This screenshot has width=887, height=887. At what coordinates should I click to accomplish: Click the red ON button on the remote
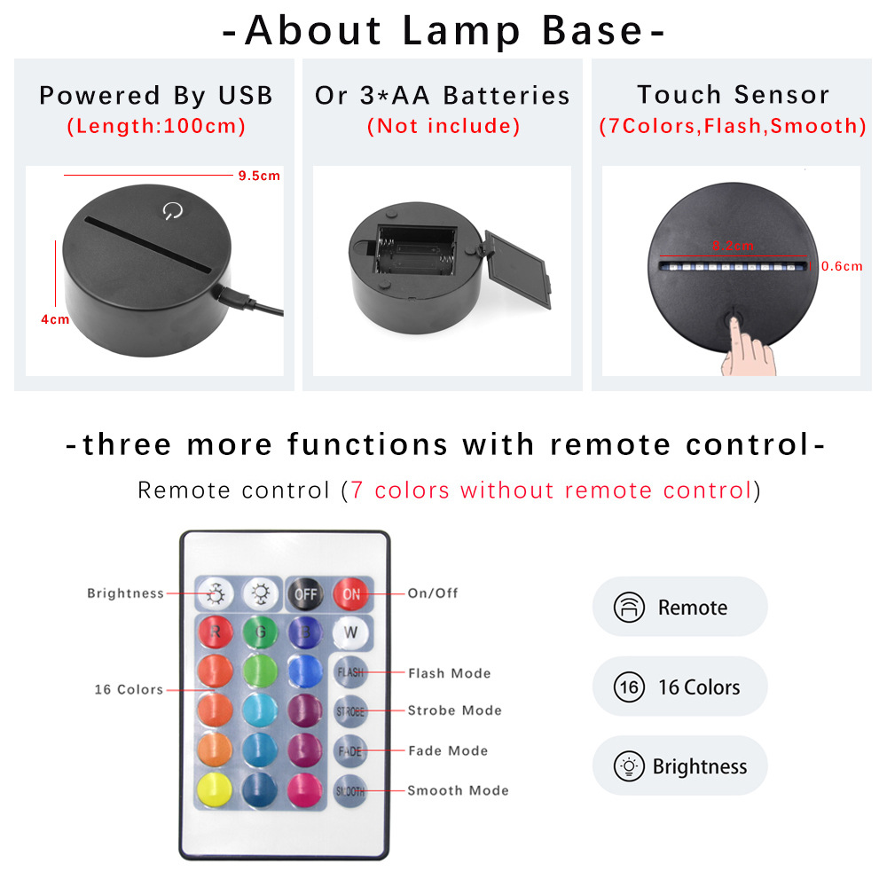(351, 594)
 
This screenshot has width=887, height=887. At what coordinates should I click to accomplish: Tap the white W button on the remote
(351, 633)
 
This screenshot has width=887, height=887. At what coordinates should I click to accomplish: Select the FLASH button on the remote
(350, 672)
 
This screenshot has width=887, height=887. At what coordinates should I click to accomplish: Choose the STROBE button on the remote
(350, 711)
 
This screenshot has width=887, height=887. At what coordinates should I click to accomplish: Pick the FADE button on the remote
(350, 750)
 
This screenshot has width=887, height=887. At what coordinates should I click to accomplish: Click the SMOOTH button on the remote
(350, 789)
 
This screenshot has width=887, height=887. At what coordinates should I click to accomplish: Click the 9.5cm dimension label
(258, 176)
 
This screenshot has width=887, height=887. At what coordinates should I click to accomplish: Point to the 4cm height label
(55, 319)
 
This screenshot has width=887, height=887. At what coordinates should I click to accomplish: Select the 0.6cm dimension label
(842, 266)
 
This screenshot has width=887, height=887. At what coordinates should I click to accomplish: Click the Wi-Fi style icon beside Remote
(629, 608)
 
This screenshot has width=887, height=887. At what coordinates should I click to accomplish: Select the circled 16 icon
(629, 687)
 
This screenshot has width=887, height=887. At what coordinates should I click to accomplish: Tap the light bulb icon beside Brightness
(629, 766)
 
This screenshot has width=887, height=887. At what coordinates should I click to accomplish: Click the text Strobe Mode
(454, 710)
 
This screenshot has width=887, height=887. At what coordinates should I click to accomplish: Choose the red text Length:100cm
(156, 126)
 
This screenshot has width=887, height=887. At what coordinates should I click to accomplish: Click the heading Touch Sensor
(733, 95)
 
